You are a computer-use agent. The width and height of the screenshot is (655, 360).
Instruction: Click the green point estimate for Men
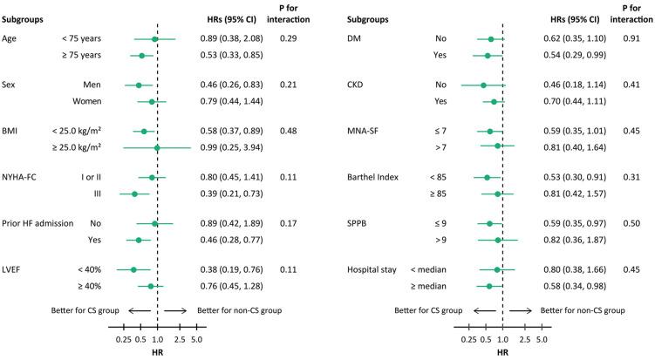[x=139, y=85]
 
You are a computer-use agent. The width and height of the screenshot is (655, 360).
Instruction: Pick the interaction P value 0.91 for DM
[x=631, y=39]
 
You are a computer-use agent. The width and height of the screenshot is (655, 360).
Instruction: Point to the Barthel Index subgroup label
[x=377, y=178]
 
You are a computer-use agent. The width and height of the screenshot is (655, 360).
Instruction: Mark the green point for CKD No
[x=483, y=85]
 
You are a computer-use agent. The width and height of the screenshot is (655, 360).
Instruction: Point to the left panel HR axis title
[x=157, y=354]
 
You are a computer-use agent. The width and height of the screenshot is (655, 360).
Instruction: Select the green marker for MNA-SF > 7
[x=498, y=146]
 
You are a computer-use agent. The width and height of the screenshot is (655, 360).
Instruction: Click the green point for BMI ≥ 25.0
[x=157, y=147]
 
